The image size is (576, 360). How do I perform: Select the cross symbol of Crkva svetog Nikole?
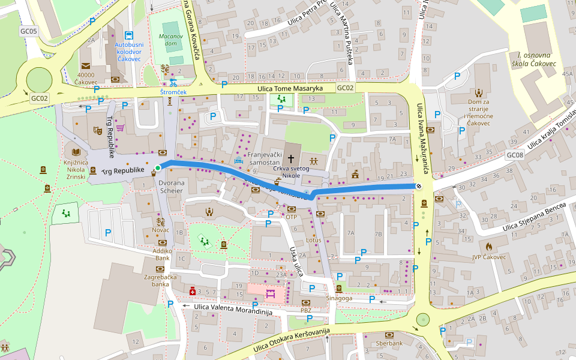[x=291, y=159]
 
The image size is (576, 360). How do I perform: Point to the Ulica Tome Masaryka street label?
[x=290, y=89]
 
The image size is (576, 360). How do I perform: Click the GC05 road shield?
[x=28, y=31]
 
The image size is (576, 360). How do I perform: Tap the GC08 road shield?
[x=515, y=155]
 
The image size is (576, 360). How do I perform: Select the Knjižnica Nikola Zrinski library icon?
[x=76, y=152]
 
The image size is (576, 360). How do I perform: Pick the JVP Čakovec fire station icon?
[x=489, y=246]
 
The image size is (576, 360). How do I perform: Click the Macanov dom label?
[x=170, y=40]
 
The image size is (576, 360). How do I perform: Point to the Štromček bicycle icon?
[x=173, y=82]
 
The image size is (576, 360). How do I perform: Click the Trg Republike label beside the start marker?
[x=123, y=171]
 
